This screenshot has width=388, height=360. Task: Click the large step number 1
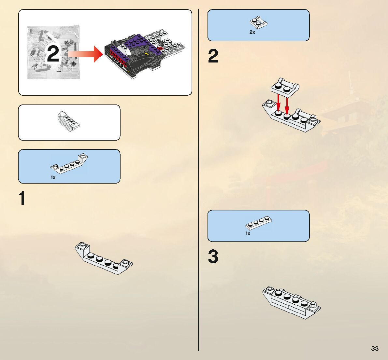(x=22, y=198)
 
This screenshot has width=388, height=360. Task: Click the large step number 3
(x=213, y=256)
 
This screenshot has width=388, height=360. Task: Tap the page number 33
(x=375, y=349)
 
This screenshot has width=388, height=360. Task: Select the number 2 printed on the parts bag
(x=53, y=54)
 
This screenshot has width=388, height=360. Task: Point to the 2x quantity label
(x=252, y=32)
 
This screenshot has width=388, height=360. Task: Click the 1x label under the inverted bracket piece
(x=53, y=177)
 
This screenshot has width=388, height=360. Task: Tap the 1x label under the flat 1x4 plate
(x=248, y=233)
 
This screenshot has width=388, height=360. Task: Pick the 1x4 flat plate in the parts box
(x=259, y=222)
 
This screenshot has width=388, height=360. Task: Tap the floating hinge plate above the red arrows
(x=285, y=87)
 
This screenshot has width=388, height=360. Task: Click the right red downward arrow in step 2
(x=287, y=104)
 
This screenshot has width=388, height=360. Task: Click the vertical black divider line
(x=198, y=179)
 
